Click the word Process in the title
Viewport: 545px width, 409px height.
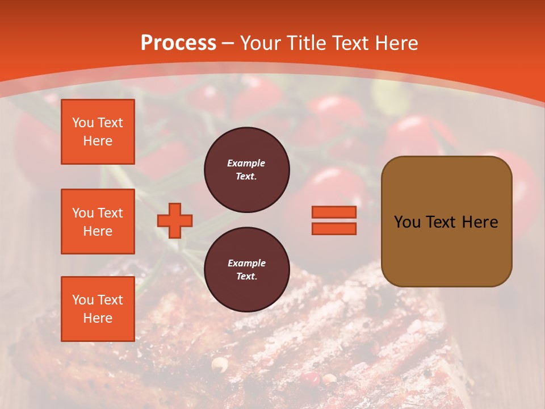178,43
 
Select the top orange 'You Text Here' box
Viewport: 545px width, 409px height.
98,132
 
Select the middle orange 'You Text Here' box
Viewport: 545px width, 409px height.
98,222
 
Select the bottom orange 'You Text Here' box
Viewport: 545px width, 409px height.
98,309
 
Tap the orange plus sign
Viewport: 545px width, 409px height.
175,220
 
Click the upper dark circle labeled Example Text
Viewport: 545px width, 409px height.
246,169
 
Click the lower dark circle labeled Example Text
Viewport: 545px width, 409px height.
246,269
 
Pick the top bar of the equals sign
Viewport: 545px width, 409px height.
334,212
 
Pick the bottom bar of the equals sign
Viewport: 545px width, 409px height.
334,228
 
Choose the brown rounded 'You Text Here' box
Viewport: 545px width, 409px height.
446,222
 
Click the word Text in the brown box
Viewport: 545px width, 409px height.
439,222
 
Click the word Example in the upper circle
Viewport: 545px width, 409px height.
246,163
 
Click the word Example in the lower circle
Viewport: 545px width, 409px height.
246,263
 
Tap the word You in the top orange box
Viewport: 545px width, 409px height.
83,123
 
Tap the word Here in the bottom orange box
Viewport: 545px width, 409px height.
98,318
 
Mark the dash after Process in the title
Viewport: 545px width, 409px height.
228,43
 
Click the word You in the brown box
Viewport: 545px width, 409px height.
406,222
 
